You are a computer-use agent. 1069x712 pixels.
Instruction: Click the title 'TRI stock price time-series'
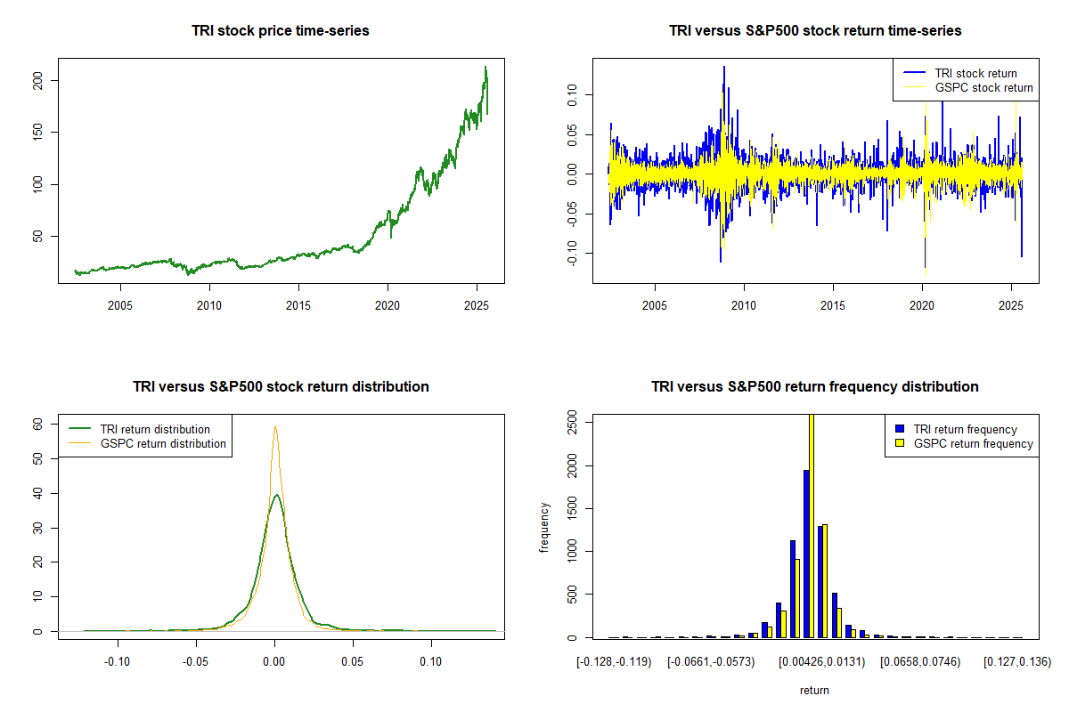pos(281,31)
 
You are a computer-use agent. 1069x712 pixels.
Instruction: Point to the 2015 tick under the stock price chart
pos(298,305)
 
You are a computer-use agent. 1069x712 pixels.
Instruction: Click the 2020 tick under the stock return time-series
pos(922,305)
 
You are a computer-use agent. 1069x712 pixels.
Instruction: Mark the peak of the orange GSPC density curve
pos(275,426)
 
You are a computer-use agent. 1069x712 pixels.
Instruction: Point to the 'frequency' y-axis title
pos(545,528)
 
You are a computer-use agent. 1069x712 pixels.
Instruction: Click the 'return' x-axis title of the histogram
pos(814,690)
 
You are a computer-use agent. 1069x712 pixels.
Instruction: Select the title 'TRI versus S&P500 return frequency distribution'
pos(815,387)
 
